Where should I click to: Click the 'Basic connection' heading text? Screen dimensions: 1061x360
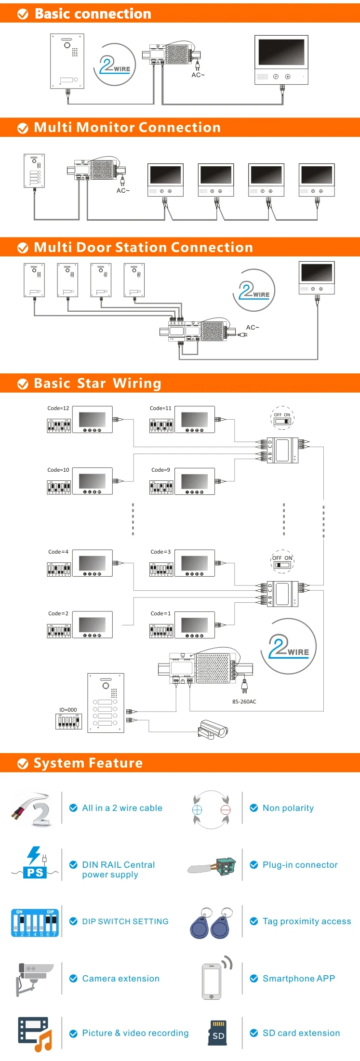[x=93, y=13]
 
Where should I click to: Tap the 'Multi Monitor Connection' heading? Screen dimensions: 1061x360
[x=127, y=127]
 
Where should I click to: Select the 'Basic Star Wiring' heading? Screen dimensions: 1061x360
[x=97, y=383]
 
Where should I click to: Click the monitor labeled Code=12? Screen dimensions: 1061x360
[x=92, y=420]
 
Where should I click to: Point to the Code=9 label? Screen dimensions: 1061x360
[x=160, y=470]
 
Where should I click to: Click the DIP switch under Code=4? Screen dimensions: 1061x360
[x=59, y=570]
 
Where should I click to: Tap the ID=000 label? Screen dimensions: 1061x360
[x=68, y=710]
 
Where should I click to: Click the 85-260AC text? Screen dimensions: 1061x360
[x=244, y=702]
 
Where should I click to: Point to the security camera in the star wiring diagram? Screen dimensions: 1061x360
[x=213, y=729]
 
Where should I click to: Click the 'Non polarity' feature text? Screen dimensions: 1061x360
[x=288, y=808]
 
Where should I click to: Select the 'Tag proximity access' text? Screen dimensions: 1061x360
[x=307, y=921]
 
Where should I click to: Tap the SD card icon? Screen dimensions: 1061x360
[x=218, y=1033]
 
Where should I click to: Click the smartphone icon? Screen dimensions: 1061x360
[x=212, y=981]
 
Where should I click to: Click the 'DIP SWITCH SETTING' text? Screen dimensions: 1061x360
[x=125, y=921]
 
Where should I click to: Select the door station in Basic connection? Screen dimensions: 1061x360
[x=67, y=61]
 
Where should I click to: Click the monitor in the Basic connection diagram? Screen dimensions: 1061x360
[x=281, y=60]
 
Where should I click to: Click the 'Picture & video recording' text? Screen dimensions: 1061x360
[x=135, y=1033]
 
